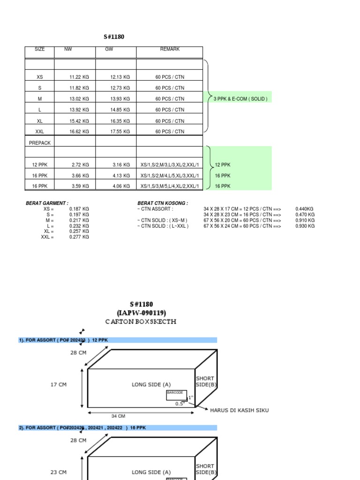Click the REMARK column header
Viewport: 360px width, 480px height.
pyautogui.click(x=170, y=49)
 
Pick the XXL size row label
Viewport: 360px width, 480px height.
pyautogui.click(x=39, y=132)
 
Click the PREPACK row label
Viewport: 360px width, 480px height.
pyautogui.click(x=40, y=143)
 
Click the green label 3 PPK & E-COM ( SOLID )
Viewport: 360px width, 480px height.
pyautogui.click(x=240, y=99)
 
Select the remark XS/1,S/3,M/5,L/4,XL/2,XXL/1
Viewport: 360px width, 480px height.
pyautogui.click(x=169, y=187)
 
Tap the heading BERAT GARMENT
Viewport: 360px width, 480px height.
pyautogui.click(x=47, y=203)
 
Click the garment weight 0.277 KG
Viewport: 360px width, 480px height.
pyautogui.click(x=79, y=237)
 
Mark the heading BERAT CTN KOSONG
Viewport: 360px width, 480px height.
pyautogui.click(x=163, y=203)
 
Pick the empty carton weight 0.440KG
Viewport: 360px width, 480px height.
pyautogui.click(x=305, y=209)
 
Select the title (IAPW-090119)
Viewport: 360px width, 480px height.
pyautogui.click(x=141, y=313)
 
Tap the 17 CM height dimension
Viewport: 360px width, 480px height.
pyautogui.click(x=58, y=385)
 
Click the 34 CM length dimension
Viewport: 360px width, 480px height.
pyautogui.click(x=118, y=416)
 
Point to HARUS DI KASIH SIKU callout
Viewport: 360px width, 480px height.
pyautogui.click(x=239, y=410)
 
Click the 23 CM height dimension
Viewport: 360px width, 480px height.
pyautogui.click(x=58, y=472)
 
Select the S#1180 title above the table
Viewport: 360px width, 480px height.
pyautogui.click(x=114, y=37)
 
